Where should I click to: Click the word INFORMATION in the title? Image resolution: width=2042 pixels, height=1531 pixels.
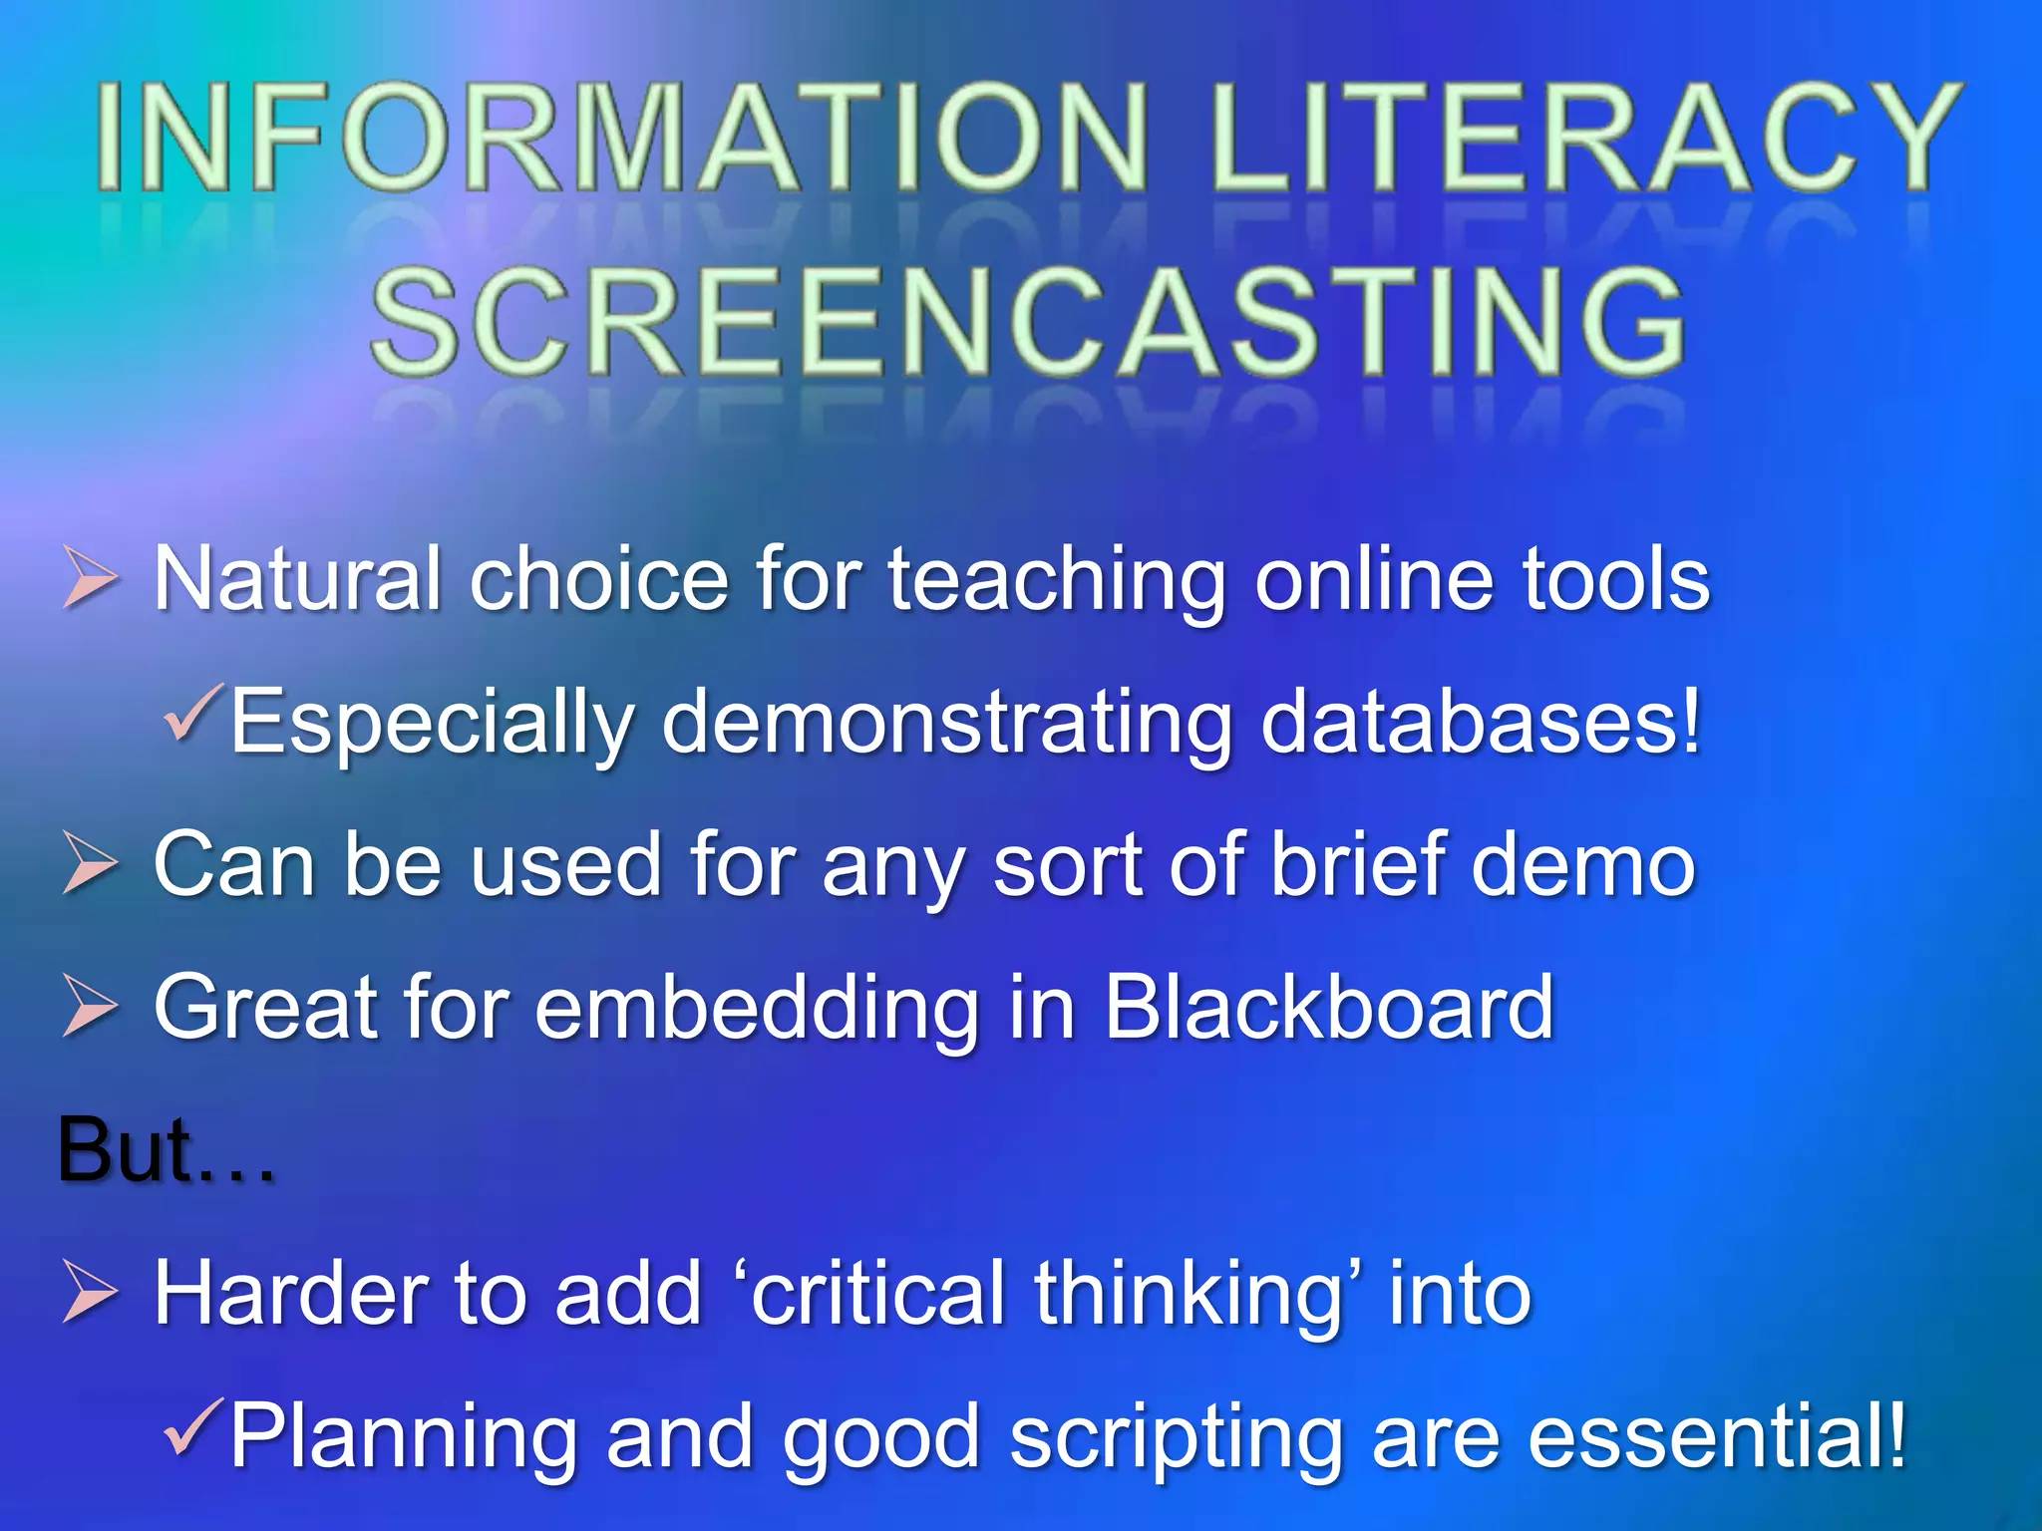click(623, 138)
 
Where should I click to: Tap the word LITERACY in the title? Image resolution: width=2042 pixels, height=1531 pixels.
click(1585, 138)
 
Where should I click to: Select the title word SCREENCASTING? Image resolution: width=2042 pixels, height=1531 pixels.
click(1027, 321)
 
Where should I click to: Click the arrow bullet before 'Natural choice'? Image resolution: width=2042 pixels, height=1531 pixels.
click(91, 578)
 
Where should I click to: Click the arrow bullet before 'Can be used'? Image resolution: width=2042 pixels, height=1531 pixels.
click(91, 862)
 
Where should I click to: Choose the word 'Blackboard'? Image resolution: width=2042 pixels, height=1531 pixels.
click(1328, 1007)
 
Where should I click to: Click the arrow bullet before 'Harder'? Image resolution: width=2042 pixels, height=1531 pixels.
click(91, 1292)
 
